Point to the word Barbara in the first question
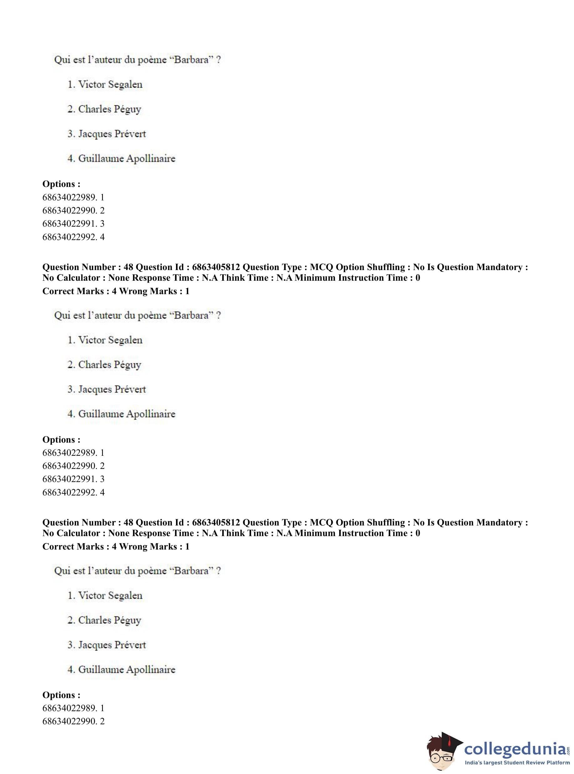point(191,60)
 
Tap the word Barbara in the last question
point(191,571)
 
